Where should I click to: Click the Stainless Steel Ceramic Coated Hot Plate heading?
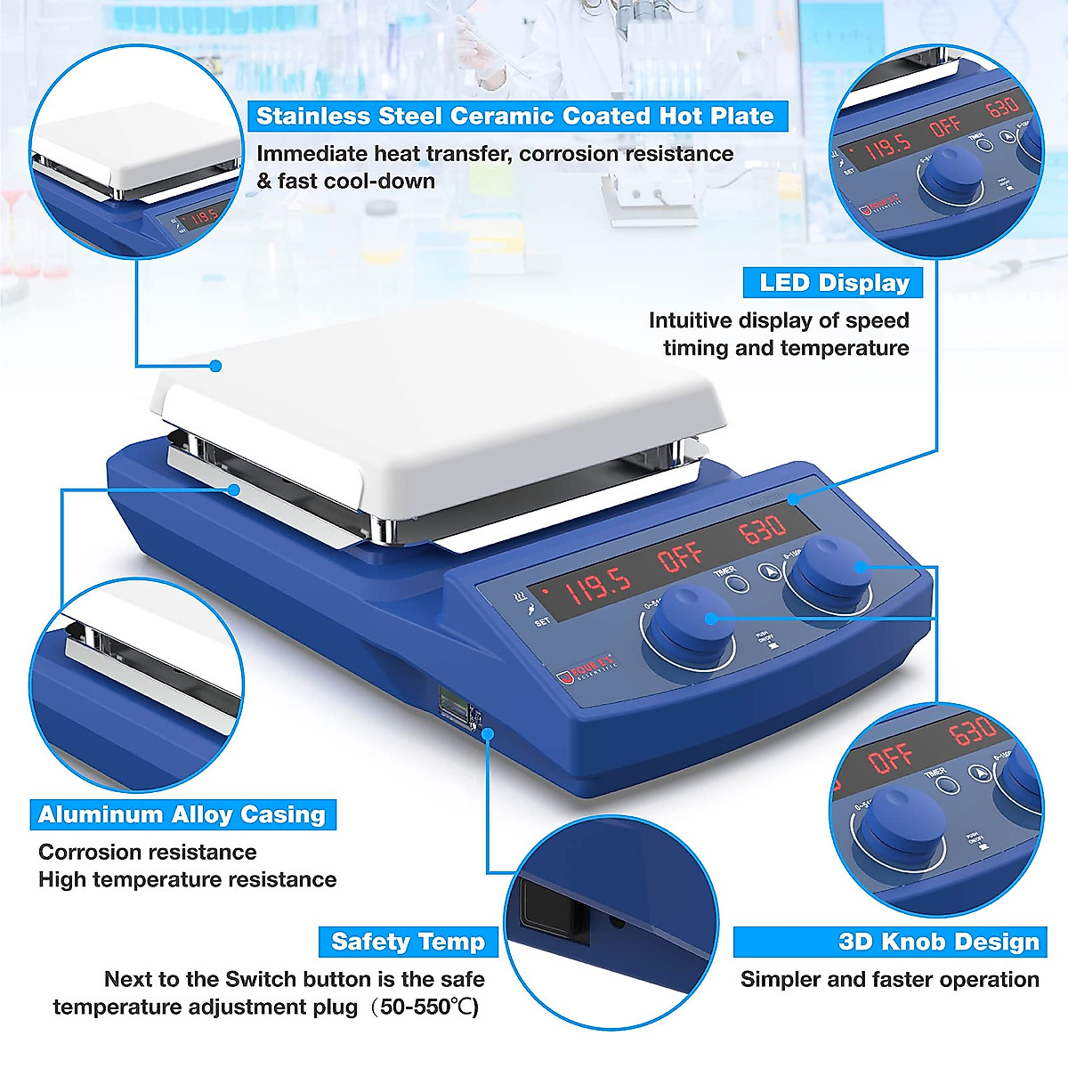[x=515, y=117]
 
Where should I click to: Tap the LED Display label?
[x=833, y=283]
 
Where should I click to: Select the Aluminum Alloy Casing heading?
[x=182, y=814]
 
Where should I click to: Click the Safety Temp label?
[x=408, y=942]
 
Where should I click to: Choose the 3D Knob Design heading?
[x=890, y=942]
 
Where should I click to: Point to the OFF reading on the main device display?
[x=682, y=557]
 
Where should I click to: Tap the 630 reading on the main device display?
[x=763, y=530]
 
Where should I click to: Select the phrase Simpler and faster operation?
[x=889, y=980]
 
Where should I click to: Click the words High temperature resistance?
[x=187, y=880]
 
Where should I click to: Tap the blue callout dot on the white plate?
[x=215, y=365]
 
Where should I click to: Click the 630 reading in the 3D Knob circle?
[x=972, y=732]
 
